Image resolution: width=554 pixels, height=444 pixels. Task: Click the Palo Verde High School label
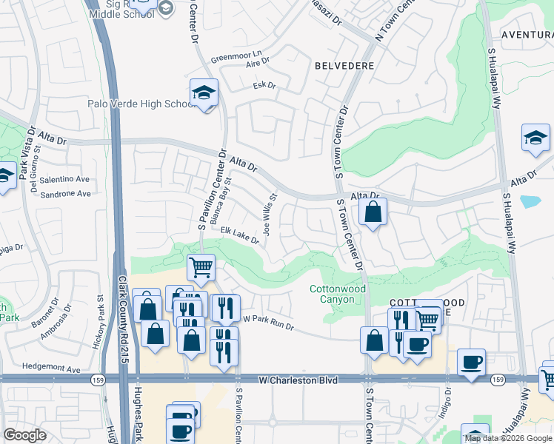(x=140, y=104)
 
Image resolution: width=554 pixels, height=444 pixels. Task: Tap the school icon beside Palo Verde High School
(x=204, y=92)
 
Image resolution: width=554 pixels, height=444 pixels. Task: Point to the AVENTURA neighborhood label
(x=527, y=35)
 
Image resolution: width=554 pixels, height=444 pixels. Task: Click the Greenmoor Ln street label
(x=237, y=55)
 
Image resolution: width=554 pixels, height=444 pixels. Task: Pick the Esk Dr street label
(x=264, y=86)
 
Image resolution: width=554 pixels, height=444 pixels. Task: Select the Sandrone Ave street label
(x=65, y=194)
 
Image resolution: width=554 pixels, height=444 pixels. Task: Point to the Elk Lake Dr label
(x=239, y=235)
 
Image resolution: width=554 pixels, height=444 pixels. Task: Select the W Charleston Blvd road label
(x=298, y=380)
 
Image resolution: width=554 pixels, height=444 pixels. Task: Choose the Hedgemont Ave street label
(x=51, y=368)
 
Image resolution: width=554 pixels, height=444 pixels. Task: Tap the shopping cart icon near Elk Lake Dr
(x=201, y=267)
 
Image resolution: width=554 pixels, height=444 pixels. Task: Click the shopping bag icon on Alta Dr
(x=373, y=212)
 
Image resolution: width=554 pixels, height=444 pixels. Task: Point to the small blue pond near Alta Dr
(x=530, y=201)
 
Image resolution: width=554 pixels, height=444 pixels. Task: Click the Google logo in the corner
(x=24, y=435)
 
